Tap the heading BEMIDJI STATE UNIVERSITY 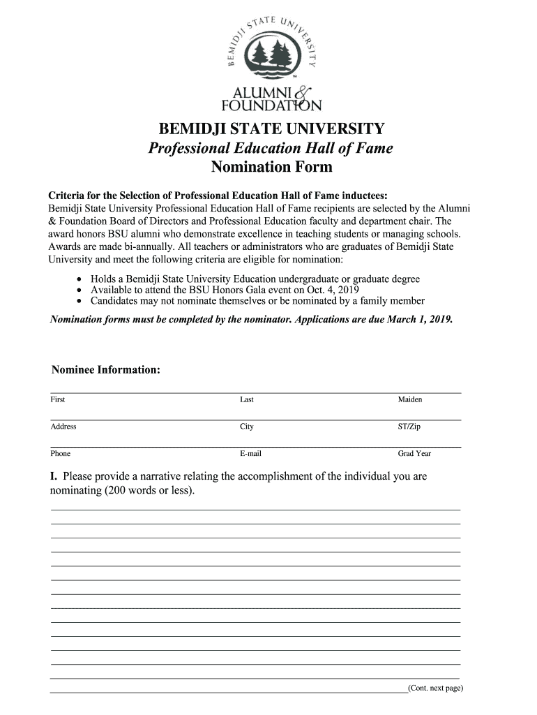[x=271, y=129]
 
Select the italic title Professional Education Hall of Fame [x=271, y=148]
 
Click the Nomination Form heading [x=271, y=167]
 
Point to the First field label [x=58, y=399]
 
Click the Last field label [x=247, y=399]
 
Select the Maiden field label [x=410, y=399]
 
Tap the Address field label [x=63, y=427]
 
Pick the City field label [x=247, y=427]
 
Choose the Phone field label [x=61, y=453]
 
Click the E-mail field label [x=251, y=453]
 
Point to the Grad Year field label [x=414, y=453]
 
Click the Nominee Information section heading [x=106, y=369]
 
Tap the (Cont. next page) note [x=436, y=688]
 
